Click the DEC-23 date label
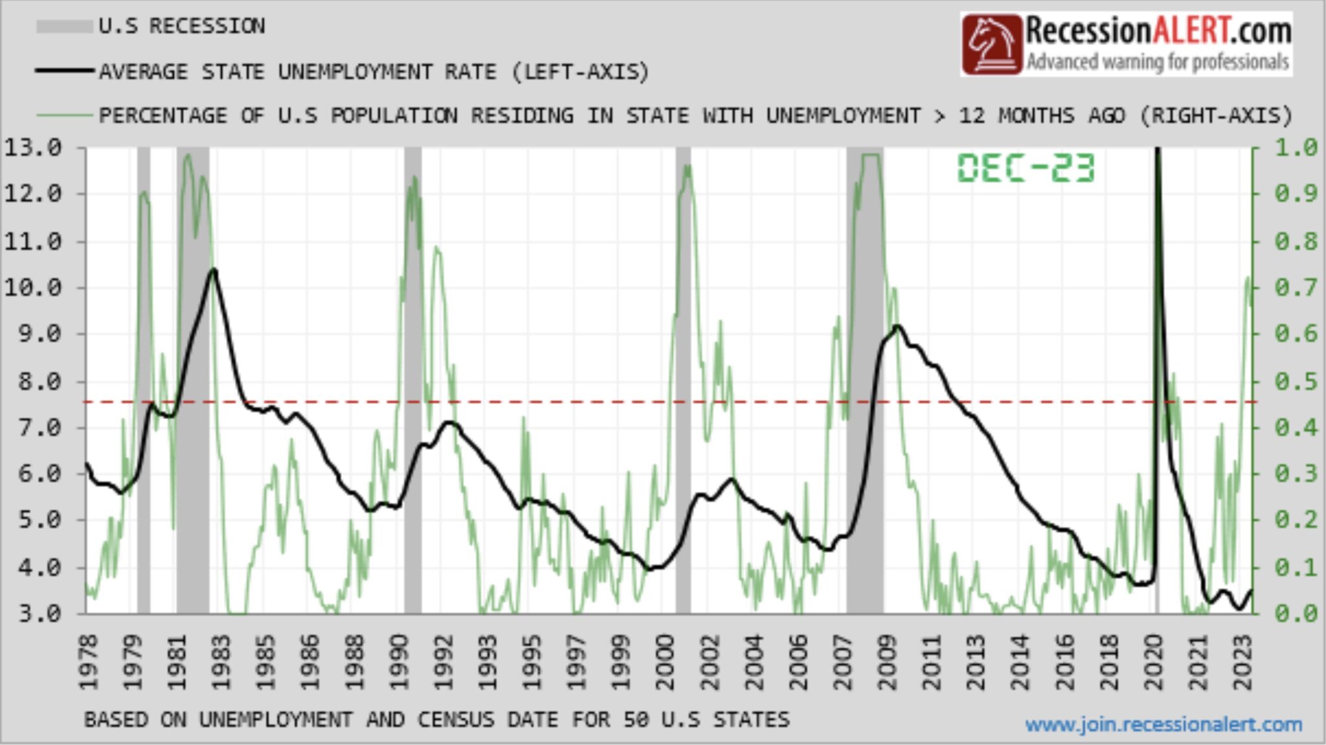click(1026, 168)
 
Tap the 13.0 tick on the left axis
click(32, 148)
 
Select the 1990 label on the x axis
click(399, 662)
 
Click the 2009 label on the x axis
click(887, 662)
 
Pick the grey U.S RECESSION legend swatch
click(63, 27)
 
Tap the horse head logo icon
click(991, 45)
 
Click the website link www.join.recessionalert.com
click(1163, 724)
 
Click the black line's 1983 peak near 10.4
click(213, 269)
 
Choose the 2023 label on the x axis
click(1243, 662)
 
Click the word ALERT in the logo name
click(1189, 31)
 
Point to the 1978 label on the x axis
click(87, 662)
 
